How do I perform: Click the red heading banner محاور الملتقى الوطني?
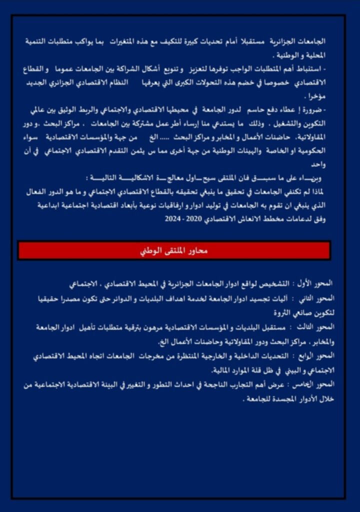click(174, 250)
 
